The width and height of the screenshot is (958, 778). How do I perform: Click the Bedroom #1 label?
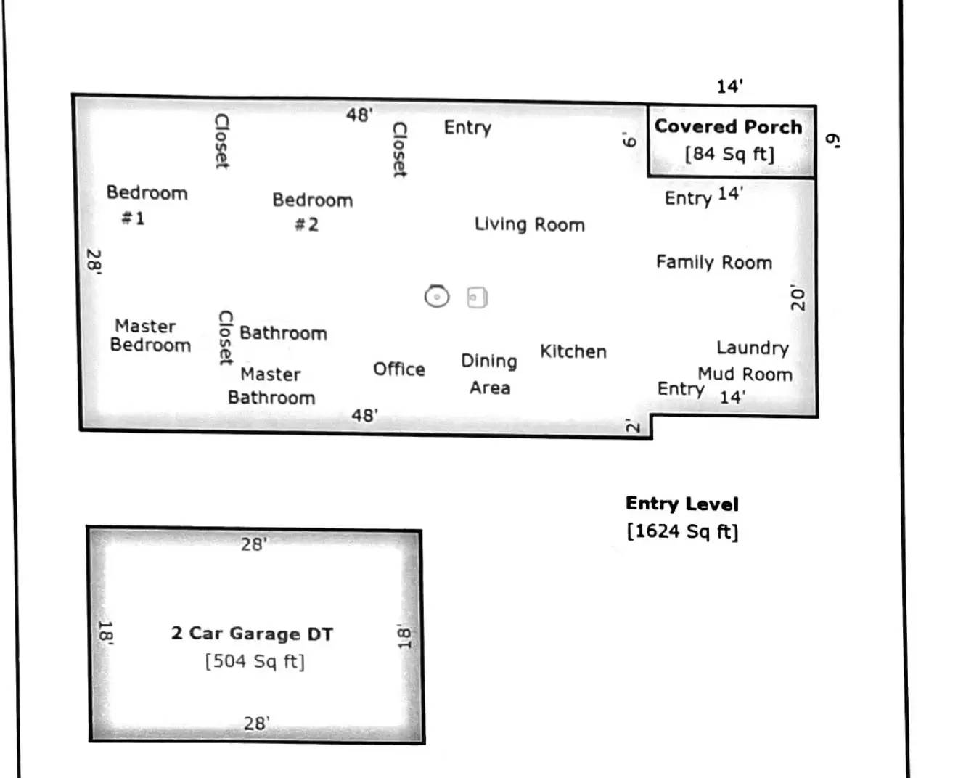tap(146, 204)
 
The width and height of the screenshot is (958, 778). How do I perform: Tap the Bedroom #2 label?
tap(312, 211)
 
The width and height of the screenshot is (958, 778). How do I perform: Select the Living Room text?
tap(529, 224)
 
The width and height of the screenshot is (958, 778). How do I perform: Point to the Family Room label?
tap(713, 262)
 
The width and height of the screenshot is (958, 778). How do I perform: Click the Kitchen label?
tap(573, 351)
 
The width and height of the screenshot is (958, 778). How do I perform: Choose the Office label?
tap(398, 369)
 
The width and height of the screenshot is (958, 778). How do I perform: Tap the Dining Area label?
tap(489, 374)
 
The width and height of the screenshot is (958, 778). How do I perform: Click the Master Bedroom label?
tap(150, 335)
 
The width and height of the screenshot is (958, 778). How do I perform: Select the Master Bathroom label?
tap(271, 385)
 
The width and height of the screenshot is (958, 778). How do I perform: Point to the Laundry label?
tap(752, 348)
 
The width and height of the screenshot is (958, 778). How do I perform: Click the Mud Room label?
tap(745, 374)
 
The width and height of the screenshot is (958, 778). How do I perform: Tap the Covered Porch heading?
tap(728, 126)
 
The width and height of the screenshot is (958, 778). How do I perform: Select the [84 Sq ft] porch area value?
tap(729, 154)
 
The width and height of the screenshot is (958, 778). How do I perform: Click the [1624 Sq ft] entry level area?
tap(682, 531)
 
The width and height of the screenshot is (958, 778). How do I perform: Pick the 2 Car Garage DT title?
tap(252, 634)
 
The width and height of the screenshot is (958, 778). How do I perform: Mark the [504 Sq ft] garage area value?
tap(255, 661)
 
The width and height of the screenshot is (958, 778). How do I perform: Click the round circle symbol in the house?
tap(437, 296)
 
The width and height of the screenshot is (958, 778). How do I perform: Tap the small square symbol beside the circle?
tap(477, 298)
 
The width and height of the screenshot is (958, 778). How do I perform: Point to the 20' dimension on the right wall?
tap(798, 298)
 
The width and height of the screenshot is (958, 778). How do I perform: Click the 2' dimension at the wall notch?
tap(633, 426)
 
